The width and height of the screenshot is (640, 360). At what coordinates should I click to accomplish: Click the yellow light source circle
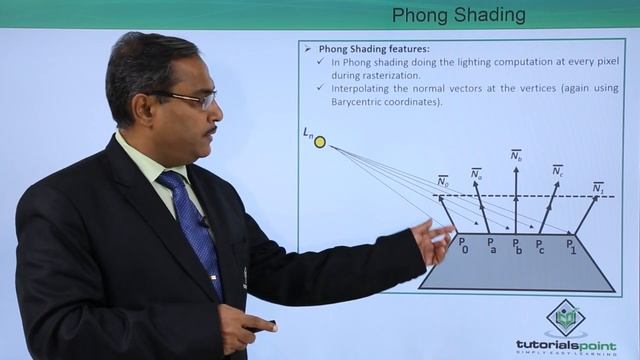pos(320,142)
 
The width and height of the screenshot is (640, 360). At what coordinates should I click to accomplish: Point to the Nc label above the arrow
pos(557,170)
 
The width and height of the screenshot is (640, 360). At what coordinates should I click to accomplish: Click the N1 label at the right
pos(598,187)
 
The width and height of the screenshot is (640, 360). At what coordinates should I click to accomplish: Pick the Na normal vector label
pos(476,173)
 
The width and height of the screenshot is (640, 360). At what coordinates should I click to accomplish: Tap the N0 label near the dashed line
pos(442,181)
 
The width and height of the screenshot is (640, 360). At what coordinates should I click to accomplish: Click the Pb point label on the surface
pos(516,245)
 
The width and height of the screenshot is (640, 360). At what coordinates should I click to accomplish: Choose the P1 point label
pos(571,245)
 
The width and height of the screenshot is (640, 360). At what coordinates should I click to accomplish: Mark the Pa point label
pos(491,245)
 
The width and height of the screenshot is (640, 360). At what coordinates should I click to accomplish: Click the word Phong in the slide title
pos(419,14)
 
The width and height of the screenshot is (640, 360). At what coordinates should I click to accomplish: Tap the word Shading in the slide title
pos(489,14)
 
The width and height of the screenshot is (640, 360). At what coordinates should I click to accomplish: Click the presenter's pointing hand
pos(436,240)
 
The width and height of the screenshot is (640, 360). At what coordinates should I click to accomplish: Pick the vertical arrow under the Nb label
pos(516,200)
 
